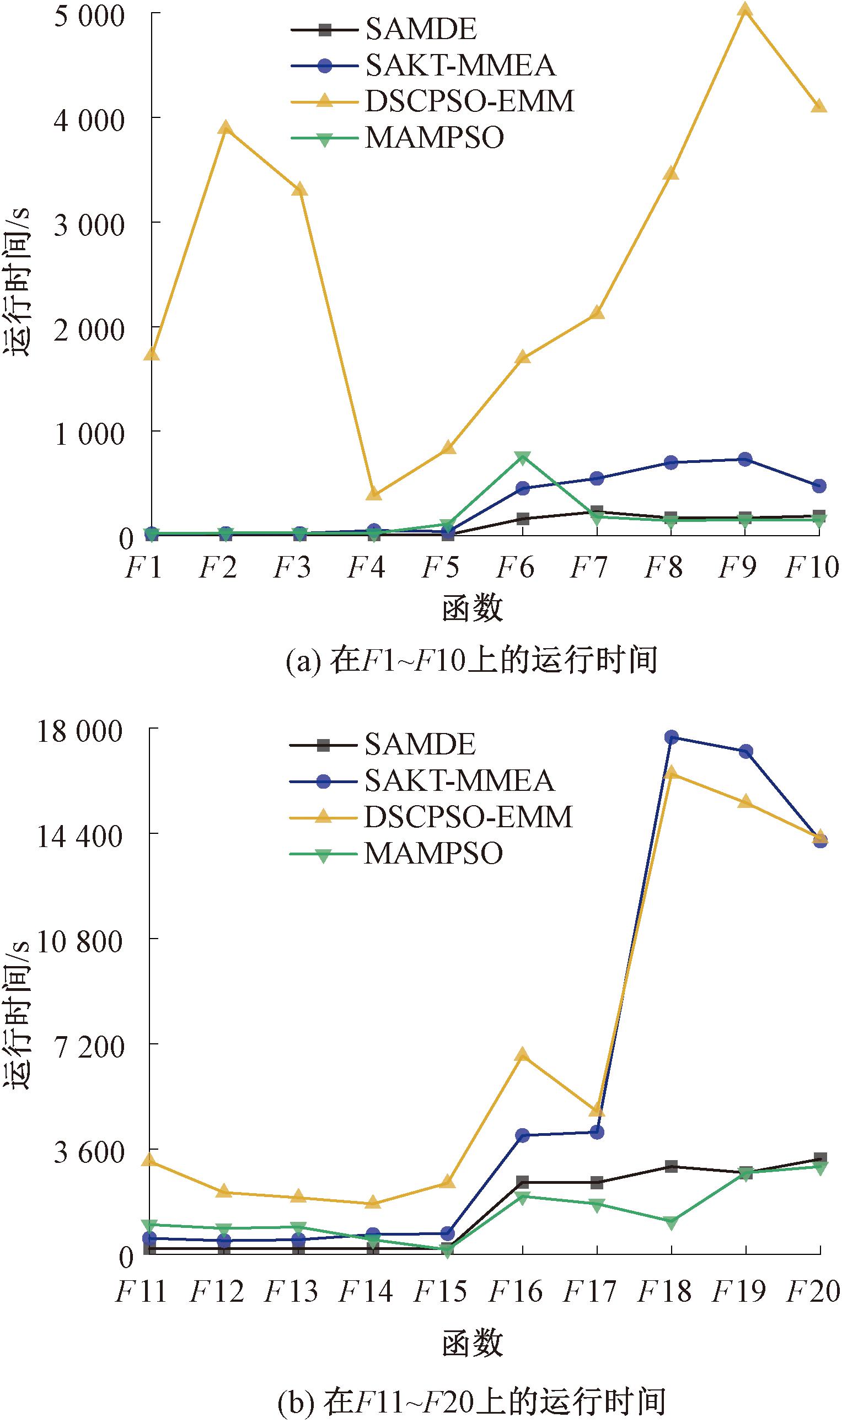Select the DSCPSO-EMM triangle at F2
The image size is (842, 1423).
(226, 127)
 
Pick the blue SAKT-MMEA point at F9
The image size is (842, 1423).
(744, 459)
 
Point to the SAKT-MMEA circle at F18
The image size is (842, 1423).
(671, 737)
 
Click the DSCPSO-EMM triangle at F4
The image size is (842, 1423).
(373, 494)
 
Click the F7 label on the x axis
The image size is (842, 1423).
(589, 567)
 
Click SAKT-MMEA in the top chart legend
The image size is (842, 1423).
(459, 64)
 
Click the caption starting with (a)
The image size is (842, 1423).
(471, 660)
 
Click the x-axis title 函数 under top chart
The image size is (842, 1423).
(472, 609)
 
